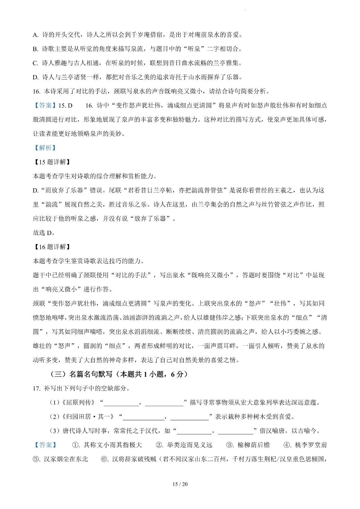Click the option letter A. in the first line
(x=36, y=35)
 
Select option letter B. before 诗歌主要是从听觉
(x=36, y=49)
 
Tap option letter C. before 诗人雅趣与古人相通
(x=36, y=63)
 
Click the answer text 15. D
(x=65, y=106)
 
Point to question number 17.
(x=37, y=389)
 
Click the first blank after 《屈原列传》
(x=121, y=403)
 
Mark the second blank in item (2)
(x=189, y=418)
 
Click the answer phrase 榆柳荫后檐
(x=253, y=445)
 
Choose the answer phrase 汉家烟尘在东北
(x=66, y=459)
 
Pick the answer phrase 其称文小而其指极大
(x=112, y=445)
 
